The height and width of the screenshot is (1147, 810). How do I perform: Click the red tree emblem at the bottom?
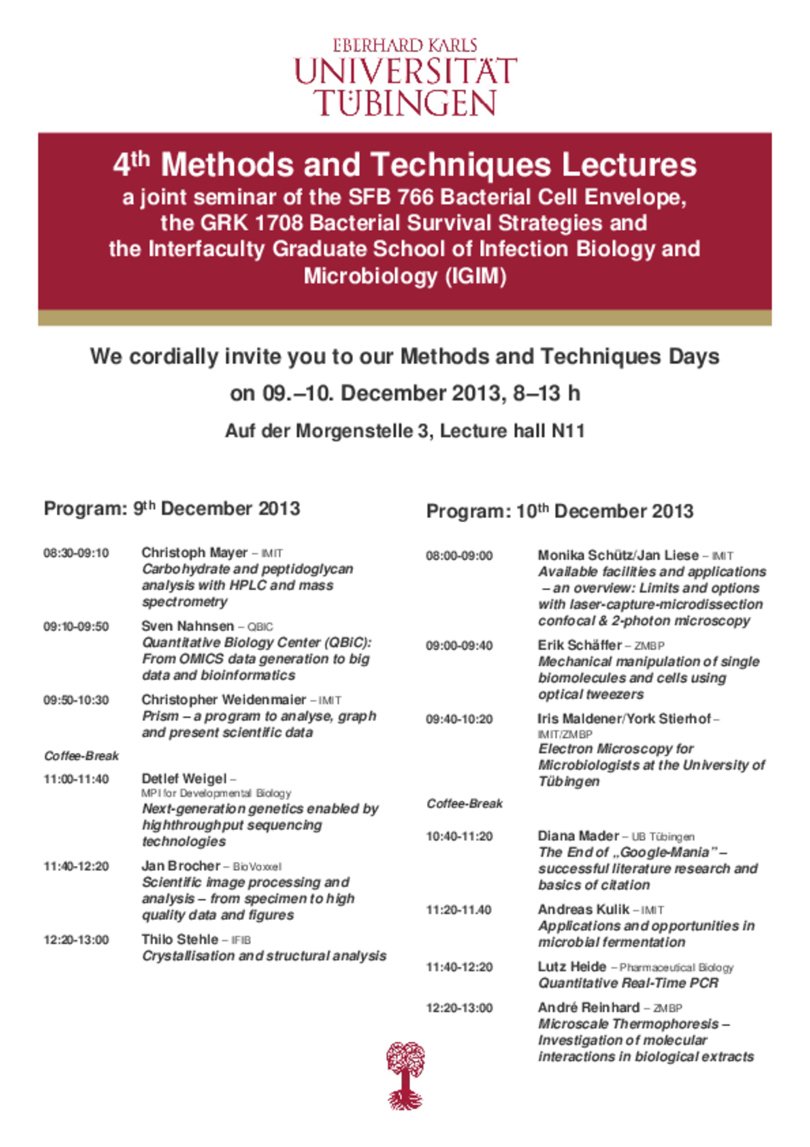pyautogui.click(x=406, y=1076)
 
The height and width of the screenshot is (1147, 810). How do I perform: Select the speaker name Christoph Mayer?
pyautogui.click(x=194, y=552)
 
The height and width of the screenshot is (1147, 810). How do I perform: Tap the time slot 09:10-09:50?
pyautogui.click(x=76, y=626)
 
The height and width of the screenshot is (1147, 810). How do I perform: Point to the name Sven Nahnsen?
pyautogui.click(x=188, y=626)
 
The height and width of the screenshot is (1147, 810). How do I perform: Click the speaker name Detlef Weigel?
pyautogui.click(x=184, y=779)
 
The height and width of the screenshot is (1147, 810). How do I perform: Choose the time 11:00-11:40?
pyautogui.click(x=76, y=779)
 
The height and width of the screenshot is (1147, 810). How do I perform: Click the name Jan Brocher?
pyautogui.click(x=181, y=865)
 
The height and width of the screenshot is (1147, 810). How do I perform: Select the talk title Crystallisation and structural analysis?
pyautogui.click(x=264, y=956)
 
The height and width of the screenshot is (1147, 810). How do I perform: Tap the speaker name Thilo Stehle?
pyautogui.click(x=179, y=939)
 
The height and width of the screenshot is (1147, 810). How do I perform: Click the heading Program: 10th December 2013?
pyautogui.click(x=559, y=511)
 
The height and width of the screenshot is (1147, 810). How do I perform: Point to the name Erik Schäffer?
pyautogui.click(x=579, y=645)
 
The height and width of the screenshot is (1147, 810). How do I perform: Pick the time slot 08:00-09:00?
pyautogui.click(x=459, y=555)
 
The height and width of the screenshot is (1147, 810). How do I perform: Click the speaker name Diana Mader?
pyautogui.click(x=578, y=836)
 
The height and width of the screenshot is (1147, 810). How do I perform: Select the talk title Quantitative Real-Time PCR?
pyautogui.click(x=628, y=983)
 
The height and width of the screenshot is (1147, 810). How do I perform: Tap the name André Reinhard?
pyautogui.click(x=588, y=1007)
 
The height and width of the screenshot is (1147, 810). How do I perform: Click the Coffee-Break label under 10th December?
pyautogui.click(x=465, y=804)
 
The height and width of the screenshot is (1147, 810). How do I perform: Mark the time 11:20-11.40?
pyautogui.click(x=458, y=910)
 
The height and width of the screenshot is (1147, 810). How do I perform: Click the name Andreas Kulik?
pyautogui.click(x=583, y=909)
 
